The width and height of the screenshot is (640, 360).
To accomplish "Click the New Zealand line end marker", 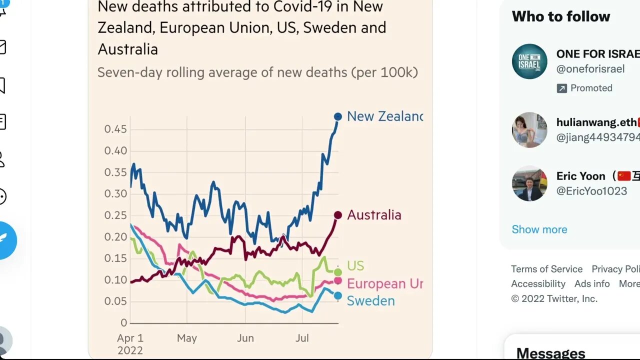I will tap(338, 116).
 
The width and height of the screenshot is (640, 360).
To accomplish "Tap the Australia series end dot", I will tap(338, 215).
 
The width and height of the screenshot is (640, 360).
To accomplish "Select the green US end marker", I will tap(338, 272).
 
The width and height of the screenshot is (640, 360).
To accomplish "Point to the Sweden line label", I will tap(370, 300).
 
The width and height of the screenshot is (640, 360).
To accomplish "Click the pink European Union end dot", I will tap(338, 280).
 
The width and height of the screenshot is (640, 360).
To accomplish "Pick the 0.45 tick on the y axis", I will tap(115, 129).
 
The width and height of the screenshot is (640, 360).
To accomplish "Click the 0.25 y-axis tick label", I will tap(115, 215).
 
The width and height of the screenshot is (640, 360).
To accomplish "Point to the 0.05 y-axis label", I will tap(115, 301).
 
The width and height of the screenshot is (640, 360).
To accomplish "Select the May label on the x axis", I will tap(187, 338).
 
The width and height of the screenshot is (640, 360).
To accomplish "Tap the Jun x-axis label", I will tap(245, 338).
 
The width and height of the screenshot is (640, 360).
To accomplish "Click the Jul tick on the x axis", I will tap(302, 338).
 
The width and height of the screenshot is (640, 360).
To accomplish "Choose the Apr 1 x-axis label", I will tap(130, 338).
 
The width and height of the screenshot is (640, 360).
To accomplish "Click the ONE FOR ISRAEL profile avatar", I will tap(529, 61).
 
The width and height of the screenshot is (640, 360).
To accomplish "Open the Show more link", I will tap(539, 229).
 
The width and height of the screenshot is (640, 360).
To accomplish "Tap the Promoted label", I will tap(591, 88).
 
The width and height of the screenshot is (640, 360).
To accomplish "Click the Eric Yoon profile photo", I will tap(529, 183).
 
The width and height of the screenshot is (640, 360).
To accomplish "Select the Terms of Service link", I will tap(546, 269).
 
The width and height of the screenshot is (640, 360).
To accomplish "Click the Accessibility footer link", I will tap(538, 283).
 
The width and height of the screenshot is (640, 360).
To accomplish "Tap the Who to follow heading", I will tap(560, 16).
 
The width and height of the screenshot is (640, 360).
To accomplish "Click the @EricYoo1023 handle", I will tap(591, 190).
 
